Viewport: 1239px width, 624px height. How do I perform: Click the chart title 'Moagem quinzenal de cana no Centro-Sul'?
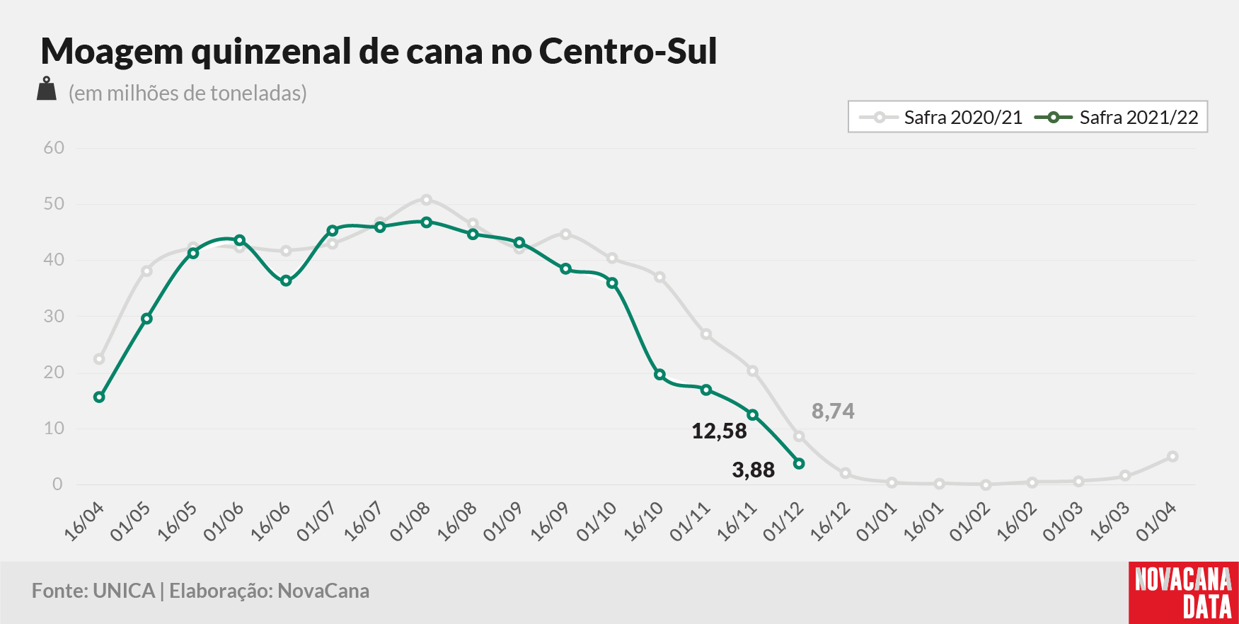379,52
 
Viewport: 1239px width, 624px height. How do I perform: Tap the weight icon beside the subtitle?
47,89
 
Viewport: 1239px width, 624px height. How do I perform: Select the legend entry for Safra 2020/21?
940,118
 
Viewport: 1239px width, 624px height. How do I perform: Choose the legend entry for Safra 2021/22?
1117,118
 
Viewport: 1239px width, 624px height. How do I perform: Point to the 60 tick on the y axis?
54,148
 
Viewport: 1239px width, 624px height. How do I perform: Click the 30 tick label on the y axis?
54,316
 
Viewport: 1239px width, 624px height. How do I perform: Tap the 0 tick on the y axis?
58,484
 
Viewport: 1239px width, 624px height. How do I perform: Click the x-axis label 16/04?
84,522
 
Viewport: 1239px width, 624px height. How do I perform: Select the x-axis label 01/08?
410,522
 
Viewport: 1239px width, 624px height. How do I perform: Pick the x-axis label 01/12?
784,522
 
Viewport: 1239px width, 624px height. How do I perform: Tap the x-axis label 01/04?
1157,522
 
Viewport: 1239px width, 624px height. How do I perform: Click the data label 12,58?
719,431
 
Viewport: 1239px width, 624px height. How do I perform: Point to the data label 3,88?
754,470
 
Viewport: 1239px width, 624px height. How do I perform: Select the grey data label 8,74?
834,411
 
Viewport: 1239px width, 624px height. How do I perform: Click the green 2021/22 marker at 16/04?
99,397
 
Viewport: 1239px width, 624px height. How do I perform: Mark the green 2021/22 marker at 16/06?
286,281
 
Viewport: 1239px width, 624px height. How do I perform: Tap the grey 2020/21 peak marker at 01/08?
426,200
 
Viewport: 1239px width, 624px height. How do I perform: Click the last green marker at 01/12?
799,463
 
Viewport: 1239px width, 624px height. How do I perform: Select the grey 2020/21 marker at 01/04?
1172,457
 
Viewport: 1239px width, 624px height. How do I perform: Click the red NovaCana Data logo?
1184,593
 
